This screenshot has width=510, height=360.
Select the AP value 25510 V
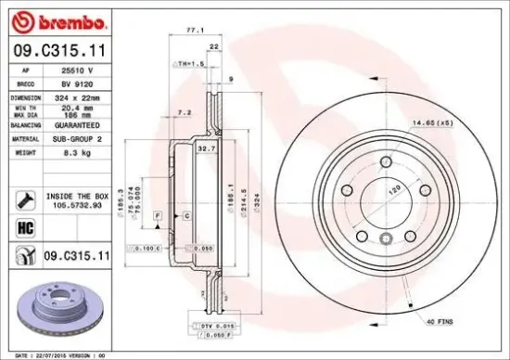tap(77, 70)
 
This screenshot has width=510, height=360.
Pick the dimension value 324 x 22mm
tap(77, 96)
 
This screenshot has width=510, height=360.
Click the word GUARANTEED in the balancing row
tap(79, 123)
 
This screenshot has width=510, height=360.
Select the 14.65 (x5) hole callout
tap(431, 122)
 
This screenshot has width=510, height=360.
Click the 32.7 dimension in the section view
tap(207, 148)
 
